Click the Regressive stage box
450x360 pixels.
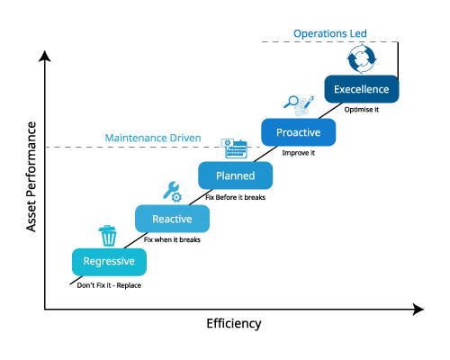tap(108, 262)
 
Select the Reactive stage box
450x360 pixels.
tap(171, 219)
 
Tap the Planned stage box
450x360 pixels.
tap(234, 175)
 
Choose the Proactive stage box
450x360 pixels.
tap(298, 132)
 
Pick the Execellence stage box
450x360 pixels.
tap(361, 89)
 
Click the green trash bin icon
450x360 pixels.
tap(108, 236)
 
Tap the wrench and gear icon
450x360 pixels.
tap(171, 191)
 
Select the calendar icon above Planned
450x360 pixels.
tap(235, 148)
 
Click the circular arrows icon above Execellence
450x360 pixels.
tap(361, 61)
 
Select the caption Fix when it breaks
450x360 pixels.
tap(172, 240)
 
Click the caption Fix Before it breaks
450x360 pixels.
tap(236, 197)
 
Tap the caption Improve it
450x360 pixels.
tap(298, 153)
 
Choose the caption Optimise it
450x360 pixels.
tap(362, 110)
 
